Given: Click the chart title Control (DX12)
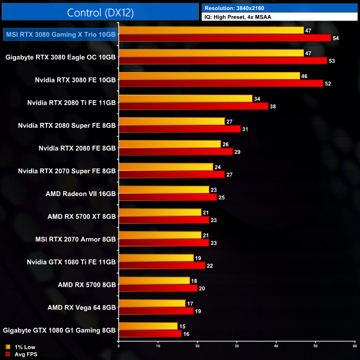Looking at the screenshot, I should click(x=100, y=12).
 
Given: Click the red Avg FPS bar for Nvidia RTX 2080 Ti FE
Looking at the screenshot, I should click(x=193, y=106).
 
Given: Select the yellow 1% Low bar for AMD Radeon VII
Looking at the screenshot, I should click(x=164, y=189).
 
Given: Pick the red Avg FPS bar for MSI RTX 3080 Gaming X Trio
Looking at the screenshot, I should click(x=225, y=38).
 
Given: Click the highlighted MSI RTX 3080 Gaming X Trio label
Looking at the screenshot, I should click(x=60, y=34).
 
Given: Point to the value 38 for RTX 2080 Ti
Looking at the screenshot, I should click(x=273, y=106).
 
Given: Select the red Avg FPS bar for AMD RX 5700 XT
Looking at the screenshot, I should click(x=164, y=219).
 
